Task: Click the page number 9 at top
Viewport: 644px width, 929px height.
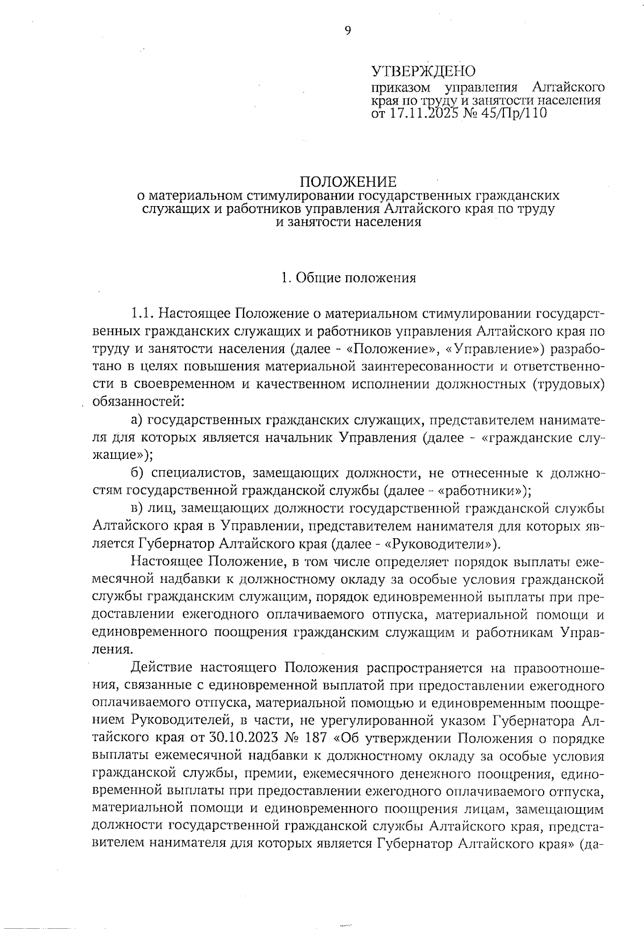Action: point(347,31)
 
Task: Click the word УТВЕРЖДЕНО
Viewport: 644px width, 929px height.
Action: point(423,71)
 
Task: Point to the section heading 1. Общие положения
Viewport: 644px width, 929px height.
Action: point(349,278)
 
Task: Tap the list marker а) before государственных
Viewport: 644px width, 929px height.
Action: point(137,419)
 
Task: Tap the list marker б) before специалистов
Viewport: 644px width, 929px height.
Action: point(137,473)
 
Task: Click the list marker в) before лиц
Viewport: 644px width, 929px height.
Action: point(137,508)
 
